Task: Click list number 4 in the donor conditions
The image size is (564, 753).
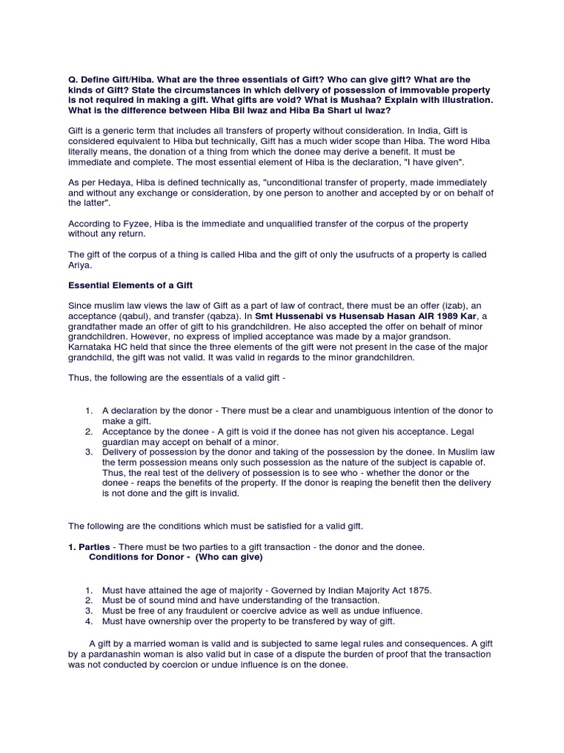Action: (88, 621)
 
